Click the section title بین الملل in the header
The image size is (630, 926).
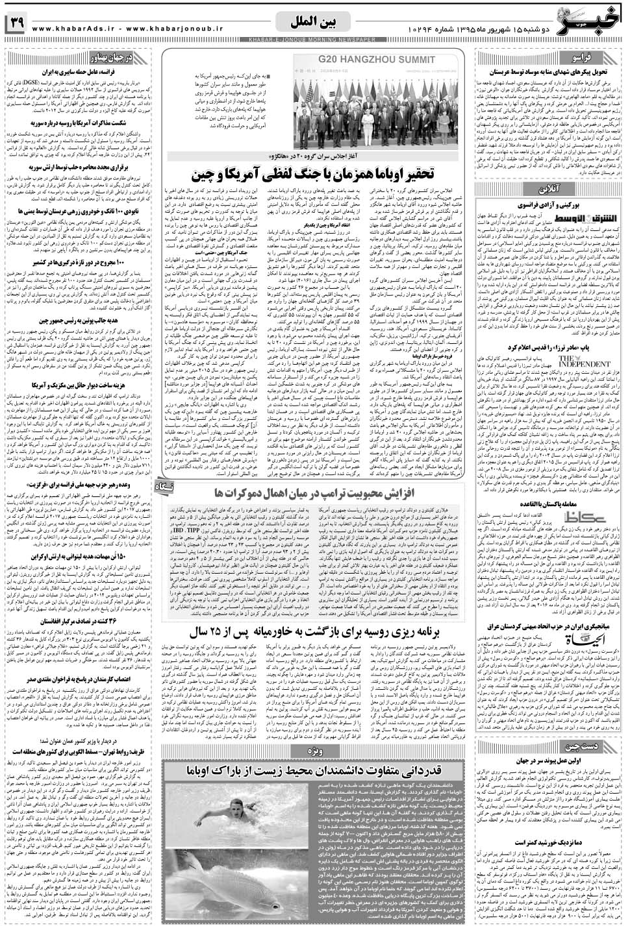[x=314, y=22]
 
